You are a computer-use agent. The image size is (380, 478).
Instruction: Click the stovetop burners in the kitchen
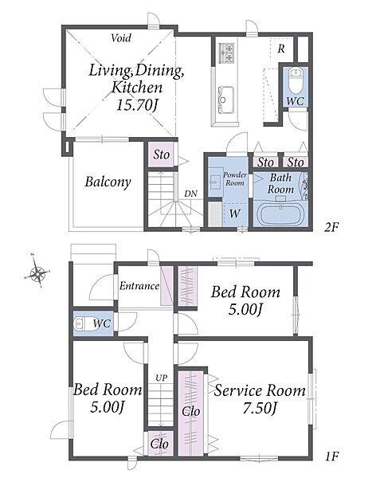point(226,53)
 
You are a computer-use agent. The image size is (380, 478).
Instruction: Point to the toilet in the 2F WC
point(295,80)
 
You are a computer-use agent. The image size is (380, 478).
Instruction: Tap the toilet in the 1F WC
point(83,323)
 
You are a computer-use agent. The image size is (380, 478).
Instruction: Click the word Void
point(121,38)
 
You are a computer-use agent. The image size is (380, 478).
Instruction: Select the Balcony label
point(108,182)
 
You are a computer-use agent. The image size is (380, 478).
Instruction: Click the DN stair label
point(190,194)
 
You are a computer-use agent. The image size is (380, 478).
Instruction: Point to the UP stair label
point(161,378)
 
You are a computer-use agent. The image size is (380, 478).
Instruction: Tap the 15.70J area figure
point(138,105)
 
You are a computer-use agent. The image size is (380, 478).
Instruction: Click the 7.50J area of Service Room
point(260,408)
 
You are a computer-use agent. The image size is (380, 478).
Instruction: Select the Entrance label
point(139,286)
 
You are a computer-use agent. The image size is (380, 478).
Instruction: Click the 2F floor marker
point(331,227)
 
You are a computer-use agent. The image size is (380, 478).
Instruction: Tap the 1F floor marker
point(332,456)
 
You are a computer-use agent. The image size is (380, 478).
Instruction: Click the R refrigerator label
point(281,49)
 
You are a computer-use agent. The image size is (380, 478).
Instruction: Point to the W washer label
point(234,214)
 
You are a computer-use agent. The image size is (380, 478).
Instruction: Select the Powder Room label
point(235,179)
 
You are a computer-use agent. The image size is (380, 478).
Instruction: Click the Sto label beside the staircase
point(161,155)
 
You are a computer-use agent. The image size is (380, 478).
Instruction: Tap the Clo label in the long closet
point(190,412)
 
